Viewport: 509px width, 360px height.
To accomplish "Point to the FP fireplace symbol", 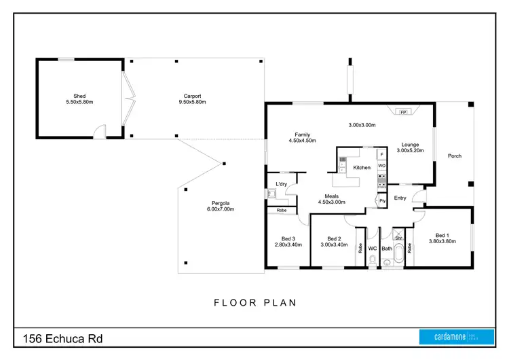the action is (403, 111).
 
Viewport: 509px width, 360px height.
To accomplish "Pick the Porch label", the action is (454, 156).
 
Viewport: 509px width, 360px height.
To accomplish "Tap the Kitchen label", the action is (362, 167).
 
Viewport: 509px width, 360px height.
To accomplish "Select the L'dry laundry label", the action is (280, 184).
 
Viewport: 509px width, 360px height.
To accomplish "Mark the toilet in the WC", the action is (373, 259).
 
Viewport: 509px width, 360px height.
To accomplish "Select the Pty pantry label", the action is (383, 200).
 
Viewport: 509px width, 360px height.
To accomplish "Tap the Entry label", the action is (400, 198).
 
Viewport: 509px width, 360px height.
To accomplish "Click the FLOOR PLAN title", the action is (254, 302).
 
